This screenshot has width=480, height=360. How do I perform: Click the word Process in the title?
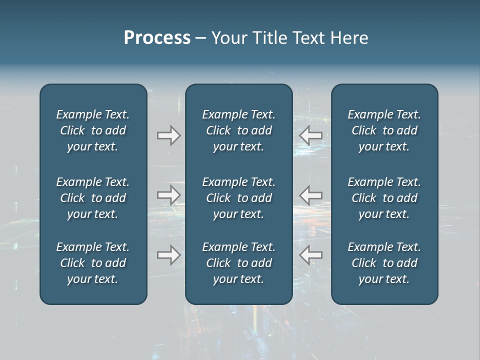157,38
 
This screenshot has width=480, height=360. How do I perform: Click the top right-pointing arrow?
168,135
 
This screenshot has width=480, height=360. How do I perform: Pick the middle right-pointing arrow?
168,195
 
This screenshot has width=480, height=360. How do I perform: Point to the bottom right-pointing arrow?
168,255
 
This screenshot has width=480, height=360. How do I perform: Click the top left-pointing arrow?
311,135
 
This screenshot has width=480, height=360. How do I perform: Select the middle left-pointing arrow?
311,195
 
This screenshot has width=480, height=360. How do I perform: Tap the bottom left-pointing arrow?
311,255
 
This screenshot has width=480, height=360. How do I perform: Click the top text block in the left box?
93,130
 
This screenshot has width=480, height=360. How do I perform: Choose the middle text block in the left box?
93,198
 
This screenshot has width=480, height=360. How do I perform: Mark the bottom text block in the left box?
93,263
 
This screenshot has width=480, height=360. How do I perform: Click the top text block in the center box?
239,130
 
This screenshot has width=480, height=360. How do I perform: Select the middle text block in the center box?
239,198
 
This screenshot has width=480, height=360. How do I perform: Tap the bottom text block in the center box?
239,263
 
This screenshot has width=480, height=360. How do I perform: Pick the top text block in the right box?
384,130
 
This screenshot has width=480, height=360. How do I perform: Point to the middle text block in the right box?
384,198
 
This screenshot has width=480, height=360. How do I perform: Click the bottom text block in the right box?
384,263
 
